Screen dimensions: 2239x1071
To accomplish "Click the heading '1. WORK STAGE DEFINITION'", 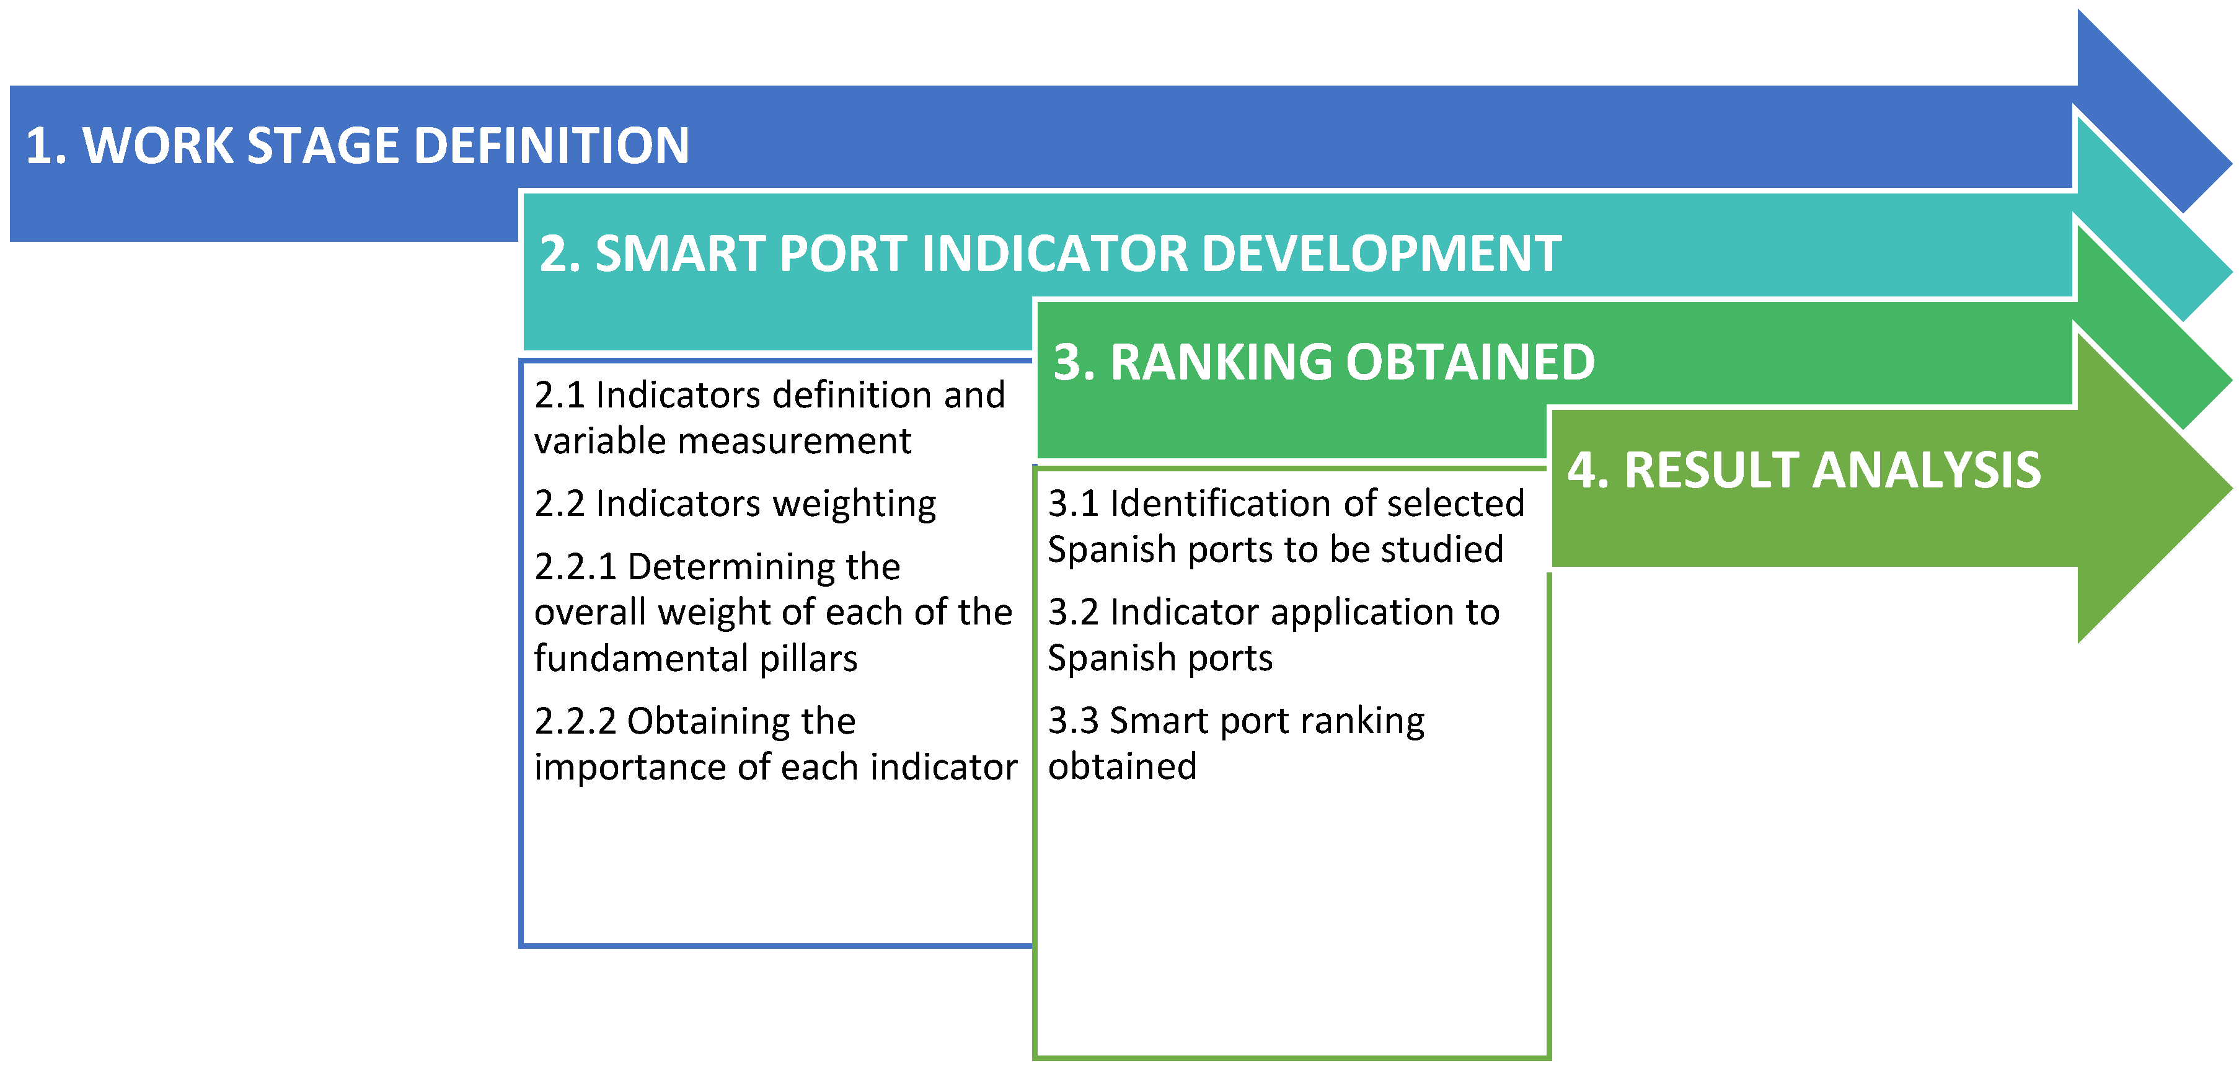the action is pyautogui.click(x=357, y=145).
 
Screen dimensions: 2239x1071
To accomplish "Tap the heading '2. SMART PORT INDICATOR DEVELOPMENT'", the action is pyautogui.click(x=1050, y=254).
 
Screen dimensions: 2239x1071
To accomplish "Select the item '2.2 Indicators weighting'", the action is pyautogui.click(x=735, y=504).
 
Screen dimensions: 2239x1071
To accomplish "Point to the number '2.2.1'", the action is pyautogui.click(x=575, y=567).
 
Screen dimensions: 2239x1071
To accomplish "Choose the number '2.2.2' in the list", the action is pyautogui.click(x=575, y=721).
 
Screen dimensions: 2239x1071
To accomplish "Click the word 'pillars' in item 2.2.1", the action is pyautogui.click(x=808, y=659).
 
